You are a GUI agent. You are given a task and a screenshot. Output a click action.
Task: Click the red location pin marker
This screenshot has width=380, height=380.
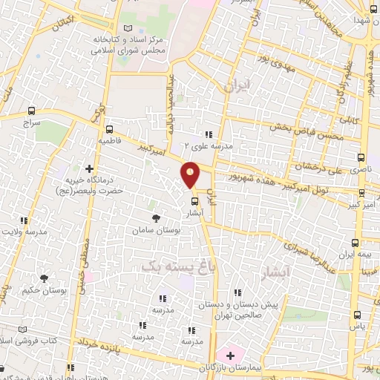pyautogui.click(x=191, y=174)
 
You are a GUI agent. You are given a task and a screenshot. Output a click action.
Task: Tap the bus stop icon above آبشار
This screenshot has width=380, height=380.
pyautogui.click(x=195, y=200)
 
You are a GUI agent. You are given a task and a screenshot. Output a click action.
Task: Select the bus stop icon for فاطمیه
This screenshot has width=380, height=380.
pyautogui.click(x=110, y=128)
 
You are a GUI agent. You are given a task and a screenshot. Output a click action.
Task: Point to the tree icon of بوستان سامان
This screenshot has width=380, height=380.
pyautogui.click(x=156, y=217)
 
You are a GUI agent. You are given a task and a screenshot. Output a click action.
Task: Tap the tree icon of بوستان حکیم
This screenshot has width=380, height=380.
pyautogui.click(x=44, y=278)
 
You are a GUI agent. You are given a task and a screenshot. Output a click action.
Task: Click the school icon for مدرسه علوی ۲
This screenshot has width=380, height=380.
pyautogui.click(x=209, y=135)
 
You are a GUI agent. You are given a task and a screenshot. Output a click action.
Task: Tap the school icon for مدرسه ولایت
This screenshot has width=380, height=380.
pyautogui.click(x=24, y=220)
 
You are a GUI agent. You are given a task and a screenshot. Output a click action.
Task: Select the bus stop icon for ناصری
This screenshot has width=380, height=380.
pyautogui.click(x=361, y=158)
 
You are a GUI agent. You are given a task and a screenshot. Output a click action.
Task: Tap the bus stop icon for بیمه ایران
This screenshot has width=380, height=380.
pyautogui.click(x=358, y=243)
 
